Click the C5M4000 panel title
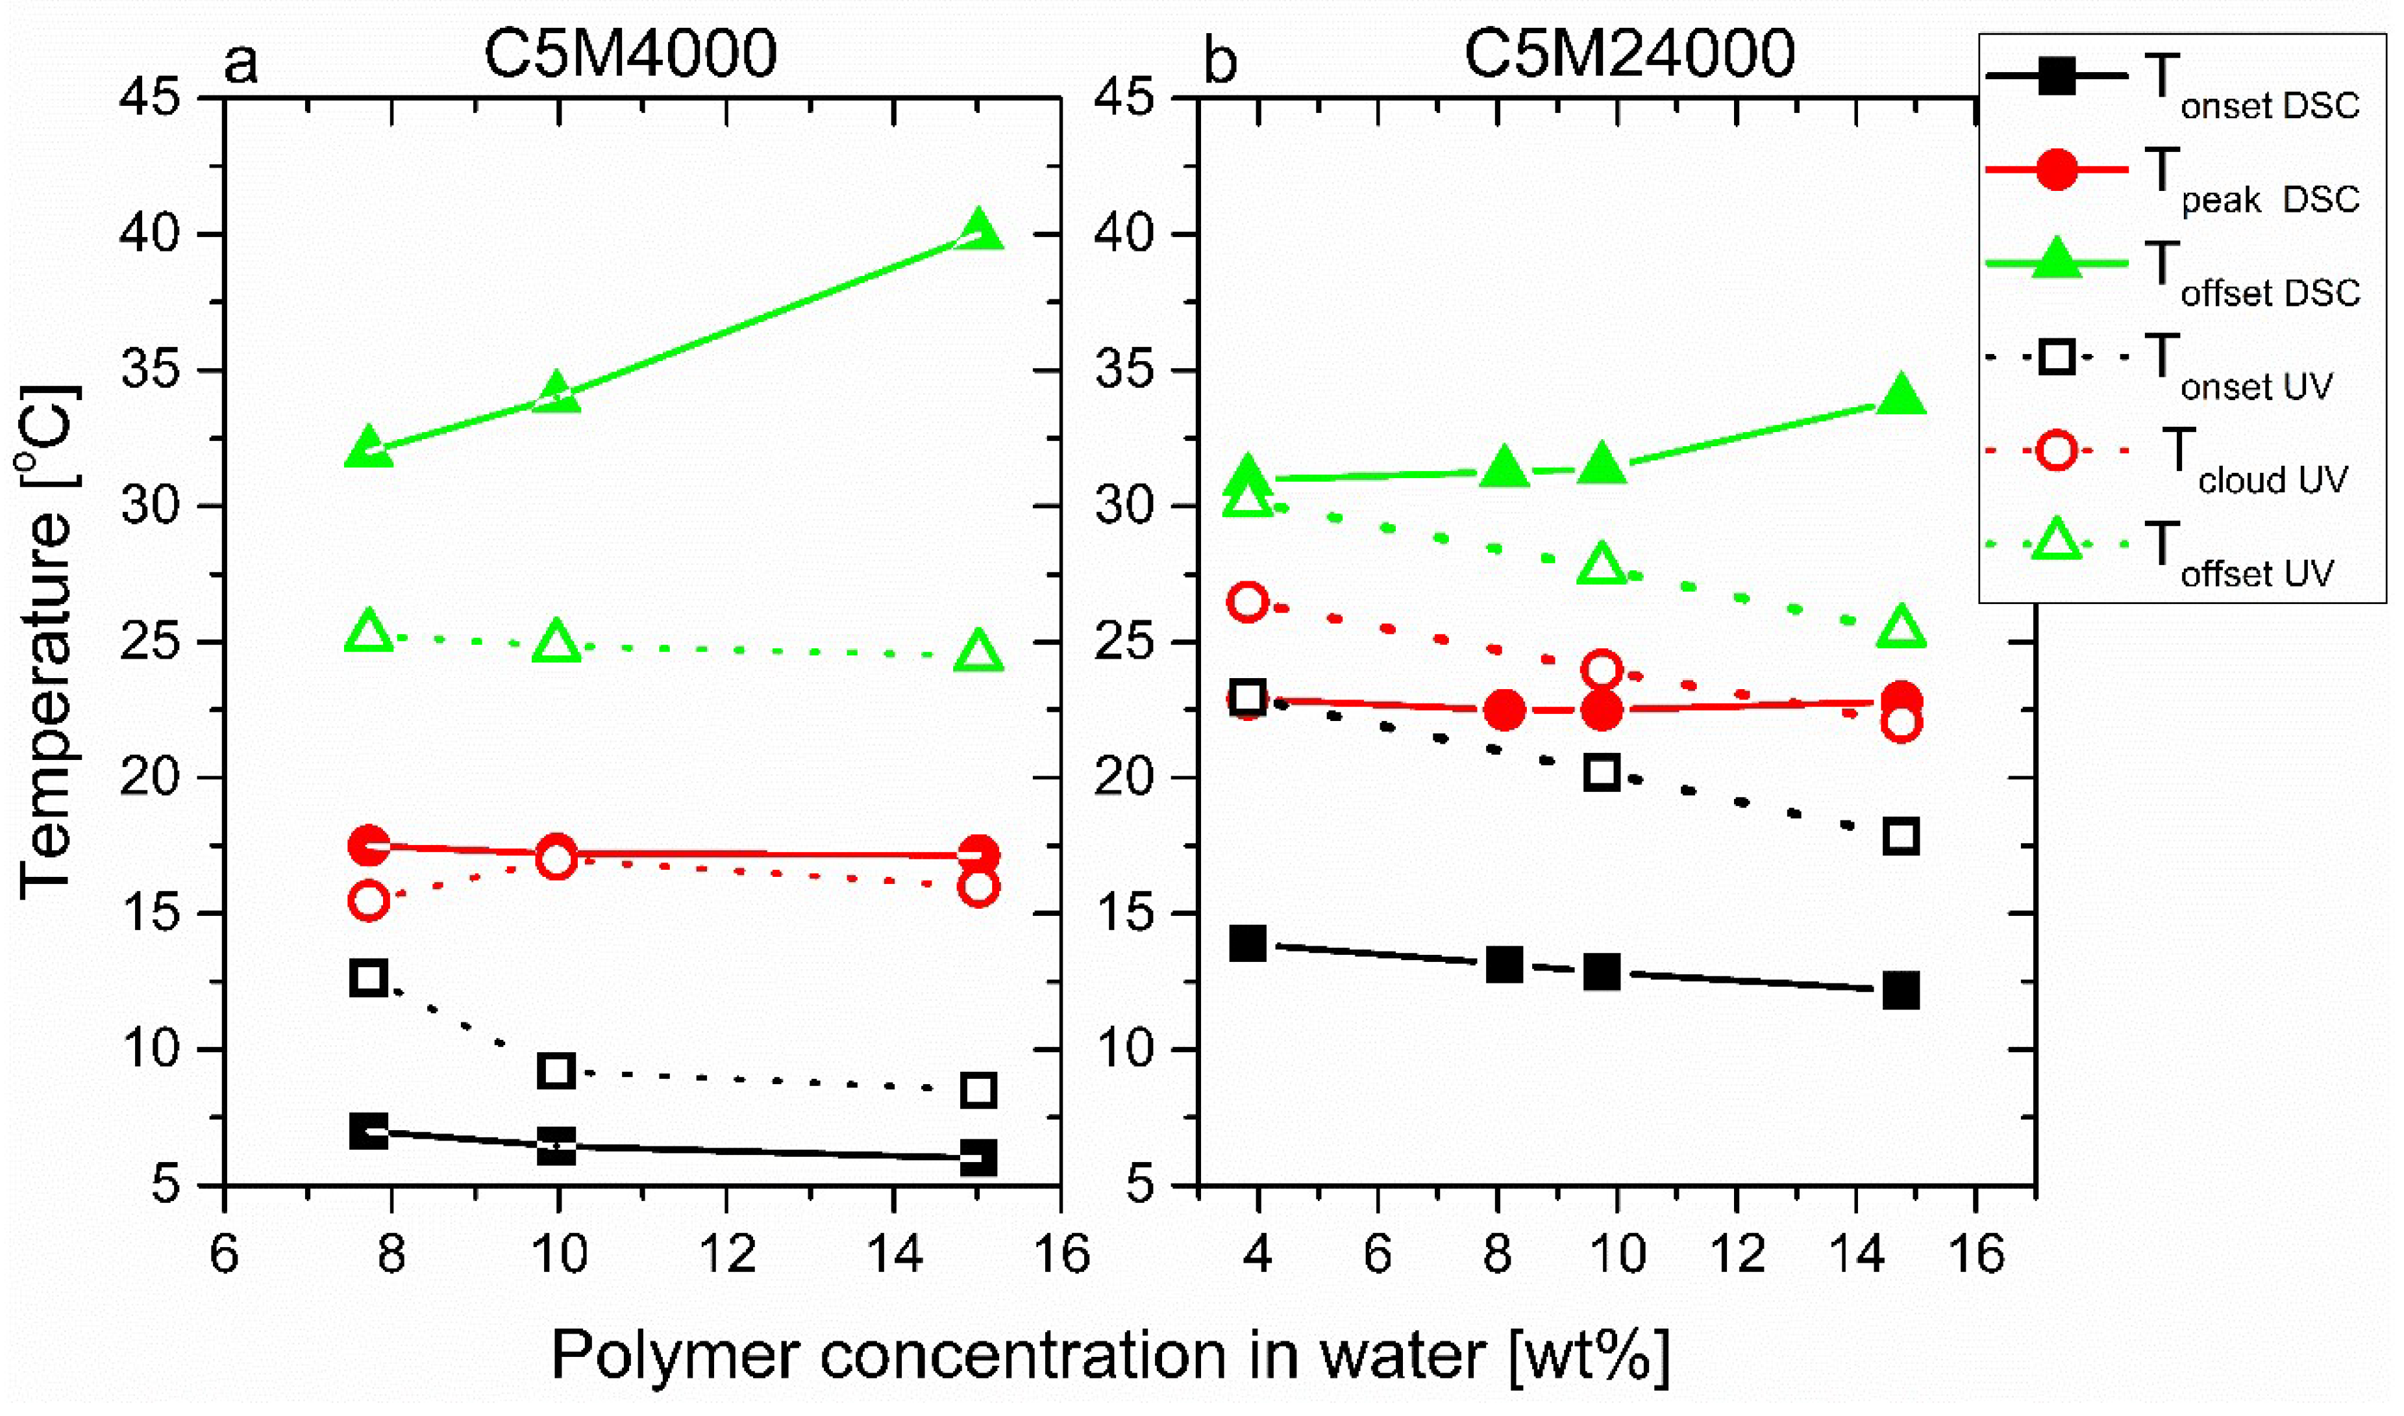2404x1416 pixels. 630,55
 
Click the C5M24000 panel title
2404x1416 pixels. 1630,55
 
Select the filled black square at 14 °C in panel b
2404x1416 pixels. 1248,944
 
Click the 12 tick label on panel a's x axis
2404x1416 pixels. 727,1253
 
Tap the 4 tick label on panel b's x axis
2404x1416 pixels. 1258,1253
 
